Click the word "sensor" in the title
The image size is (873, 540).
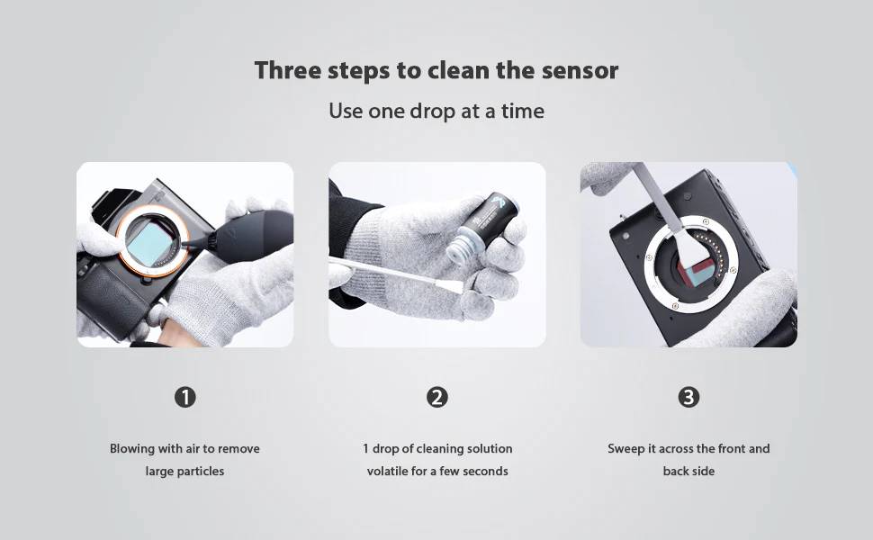tap(580, 71)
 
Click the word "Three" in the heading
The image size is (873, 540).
tap(287, 71)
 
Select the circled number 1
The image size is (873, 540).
tap(184, 398)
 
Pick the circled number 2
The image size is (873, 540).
tap(437, 398)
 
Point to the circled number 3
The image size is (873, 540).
tap(688, 398)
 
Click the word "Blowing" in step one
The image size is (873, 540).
tap(132, 449)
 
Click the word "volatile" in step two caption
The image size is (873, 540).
tap(388, 471)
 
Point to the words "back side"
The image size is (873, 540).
tap(688, 471)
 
